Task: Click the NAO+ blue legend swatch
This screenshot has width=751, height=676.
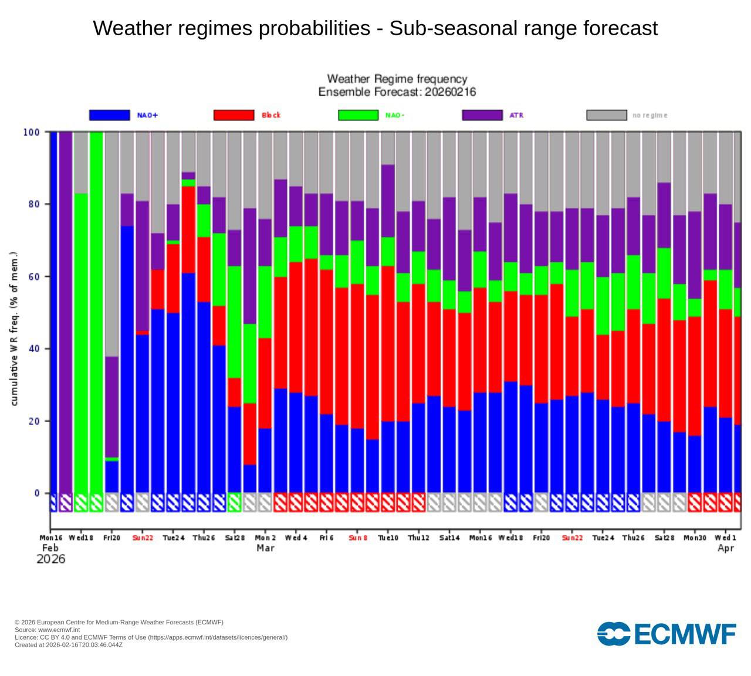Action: click(109, 115)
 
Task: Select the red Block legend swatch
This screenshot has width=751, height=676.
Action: click(234, 115)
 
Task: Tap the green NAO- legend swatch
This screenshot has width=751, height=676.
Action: click(358, 115)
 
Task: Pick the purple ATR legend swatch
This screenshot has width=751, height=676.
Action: click(482, 115)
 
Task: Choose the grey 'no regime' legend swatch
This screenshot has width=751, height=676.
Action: click(607, 115)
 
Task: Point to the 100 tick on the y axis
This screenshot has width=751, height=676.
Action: click(32, 132)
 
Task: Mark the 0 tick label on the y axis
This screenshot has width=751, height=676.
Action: click(37, 494)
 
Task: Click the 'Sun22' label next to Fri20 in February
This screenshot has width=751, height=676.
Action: click(143, 538)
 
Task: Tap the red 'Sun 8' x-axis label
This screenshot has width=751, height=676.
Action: click(358, 538)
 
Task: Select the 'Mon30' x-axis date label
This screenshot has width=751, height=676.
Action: click(695, 538)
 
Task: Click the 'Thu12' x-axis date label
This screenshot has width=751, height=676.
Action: click(419, 538)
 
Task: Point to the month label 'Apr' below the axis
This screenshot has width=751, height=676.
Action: click(726, 548)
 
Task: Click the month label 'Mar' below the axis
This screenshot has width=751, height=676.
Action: click(265, 548)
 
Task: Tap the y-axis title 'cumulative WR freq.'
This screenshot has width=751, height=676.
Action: click(15, 329)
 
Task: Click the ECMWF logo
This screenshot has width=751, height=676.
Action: click(667, 634)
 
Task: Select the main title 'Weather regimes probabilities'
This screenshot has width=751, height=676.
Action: click(375, 28)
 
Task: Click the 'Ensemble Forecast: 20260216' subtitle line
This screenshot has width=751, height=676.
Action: click(397, 92)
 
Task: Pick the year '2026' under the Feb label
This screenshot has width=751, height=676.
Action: click(51, 559)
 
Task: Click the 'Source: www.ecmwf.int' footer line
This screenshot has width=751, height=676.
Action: click(48, 630)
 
